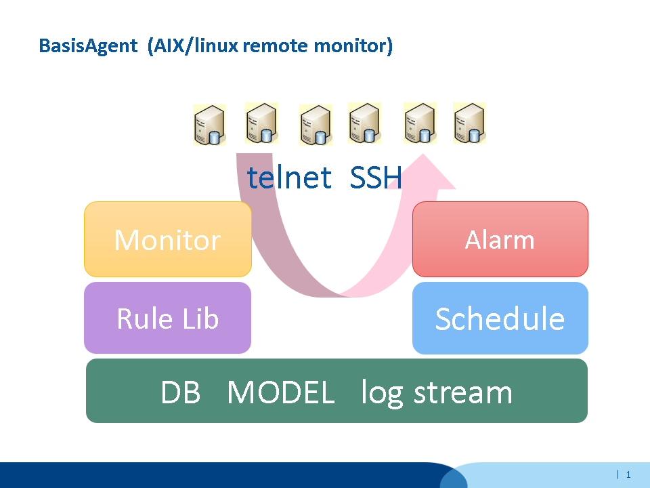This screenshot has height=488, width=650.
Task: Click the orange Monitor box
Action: (167, 239)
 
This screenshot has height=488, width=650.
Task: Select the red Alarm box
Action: (500, 239)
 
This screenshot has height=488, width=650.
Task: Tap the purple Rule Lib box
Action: (167, 318)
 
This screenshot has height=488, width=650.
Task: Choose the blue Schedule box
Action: (500, 318)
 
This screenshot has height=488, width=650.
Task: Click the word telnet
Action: (289, 178)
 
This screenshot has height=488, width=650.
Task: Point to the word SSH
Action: (376, 178)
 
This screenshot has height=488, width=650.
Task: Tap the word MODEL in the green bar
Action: (280, 392)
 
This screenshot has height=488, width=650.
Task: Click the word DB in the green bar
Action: (181, 392)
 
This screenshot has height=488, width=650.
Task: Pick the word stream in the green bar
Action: (462, 392)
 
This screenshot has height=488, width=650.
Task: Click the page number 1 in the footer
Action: (628, 474)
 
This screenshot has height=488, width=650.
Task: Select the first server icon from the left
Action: (209, 125)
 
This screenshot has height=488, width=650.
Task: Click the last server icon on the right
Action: (469, 123)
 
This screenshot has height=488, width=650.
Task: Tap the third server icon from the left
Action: (316, 125)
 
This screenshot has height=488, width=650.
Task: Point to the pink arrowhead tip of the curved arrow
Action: (427, 157)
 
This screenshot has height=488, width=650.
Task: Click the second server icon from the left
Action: (261, 123)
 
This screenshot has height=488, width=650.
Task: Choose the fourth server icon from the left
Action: (364, 123)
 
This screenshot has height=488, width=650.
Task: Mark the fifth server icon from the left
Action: (419, 123)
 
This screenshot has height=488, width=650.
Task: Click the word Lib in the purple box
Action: (199, 318)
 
